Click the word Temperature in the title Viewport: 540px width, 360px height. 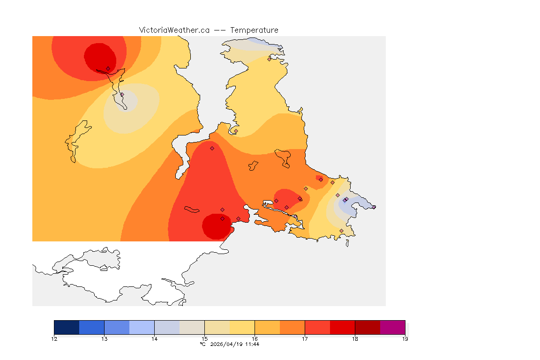point(254,30)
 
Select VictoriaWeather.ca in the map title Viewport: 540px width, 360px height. point(174,30)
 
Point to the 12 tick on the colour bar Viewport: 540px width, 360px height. point(54,339)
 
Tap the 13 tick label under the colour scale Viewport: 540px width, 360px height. point(105,339)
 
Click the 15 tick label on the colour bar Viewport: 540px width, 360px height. point(204,339)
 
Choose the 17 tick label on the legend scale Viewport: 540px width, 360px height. point(305,339)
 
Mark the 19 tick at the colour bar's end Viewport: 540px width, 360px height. point(405,339)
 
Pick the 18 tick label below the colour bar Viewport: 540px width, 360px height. point(355,339)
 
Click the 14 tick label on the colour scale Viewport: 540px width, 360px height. point(155,339)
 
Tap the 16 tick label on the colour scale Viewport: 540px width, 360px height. point(255,339)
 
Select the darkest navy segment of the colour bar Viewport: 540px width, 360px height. point(67,327)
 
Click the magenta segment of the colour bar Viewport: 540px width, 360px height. point(392,327)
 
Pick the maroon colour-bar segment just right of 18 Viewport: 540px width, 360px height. point(367,327)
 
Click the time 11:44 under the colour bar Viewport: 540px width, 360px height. point(253,344)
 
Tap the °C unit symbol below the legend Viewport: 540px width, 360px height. point(202,344)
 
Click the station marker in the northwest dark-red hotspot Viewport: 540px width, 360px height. point(108,68)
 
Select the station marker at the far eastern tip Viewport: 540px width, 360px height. point(374,207)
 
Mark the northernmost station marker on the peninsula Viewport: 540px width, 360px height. point(269,59)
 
